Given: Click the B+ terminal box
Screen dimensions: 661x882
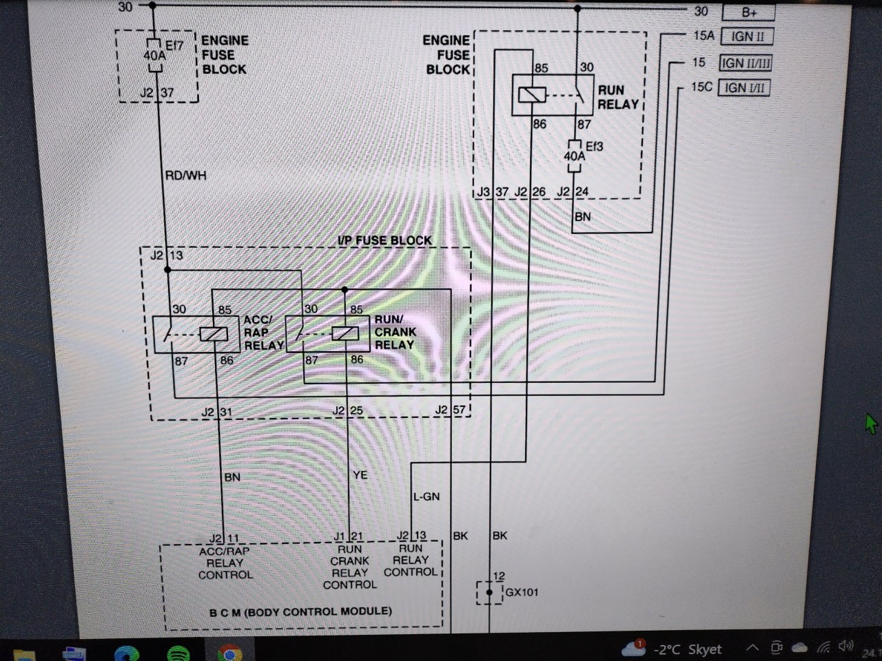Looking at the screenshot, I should [748, 12].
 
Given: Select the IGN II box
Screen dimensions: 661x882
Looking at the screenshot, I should [747, 36].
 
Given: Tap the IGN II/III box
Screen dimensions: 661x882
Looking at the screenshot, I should [746, 63].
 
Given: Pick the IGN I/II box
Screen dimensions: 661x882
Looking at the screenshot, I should [743, 88].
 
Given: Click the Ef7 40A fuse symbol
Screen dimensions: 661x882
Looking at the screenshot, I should [154, 55].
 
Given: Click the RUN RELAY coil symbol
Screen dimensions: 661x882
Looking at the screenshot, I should [531, 95].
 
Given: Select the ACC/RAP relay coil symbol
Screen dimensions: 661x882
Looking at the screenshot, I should [214, 334].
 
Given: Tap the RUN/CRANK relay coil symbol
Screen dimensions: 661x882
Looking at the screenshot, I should [345, 334].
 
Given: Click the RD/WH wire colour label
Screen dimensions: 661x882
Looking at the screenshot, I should [185, 176].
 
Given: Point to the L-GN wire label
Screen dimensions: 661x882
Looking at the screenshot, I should [427, 496].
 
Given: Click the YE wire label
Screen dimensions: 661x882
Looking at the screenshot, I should [360, 475].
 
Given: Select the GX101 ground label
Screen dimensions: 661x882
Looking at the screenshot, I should [522, 592].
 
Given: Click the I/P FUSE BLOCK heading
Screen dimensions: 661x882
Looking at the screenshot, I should [384, 240].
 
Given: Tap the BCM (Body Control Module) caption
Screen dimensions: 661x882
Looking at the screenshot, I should [300, 611].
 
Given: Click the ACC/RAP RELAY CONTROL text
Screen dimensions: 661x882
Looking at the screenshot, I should [225, 563].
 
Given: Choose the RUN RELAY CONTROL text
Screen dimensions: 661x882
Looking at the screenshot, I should [411, 560].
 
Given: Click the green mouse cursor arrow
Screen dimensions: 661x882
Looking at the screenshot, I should [872, 423].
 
